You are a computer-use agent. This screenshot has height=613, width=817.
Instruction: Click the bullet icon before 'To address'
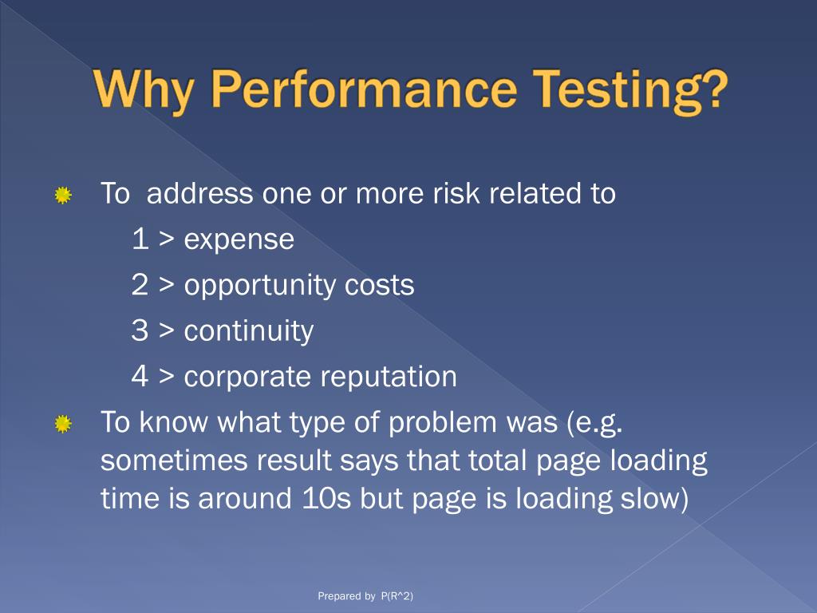click(63, 195)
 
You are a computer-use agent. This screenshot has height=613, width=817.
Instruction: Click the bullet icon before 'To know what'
click(63, 424)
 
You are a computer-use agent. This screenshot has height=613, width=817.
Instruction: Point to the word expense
click(239, 239)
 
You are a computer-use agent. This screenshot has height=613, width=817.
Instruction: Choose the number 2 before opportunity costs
click(140, 285)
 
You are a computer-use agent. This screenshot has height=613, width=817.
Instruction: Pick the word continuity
click(248, 331)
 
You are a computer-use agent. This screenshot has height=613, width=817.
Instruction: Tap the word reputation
click(389, 377)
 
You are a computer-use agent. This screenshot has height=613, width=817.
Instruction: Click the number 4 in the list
click(140, 377)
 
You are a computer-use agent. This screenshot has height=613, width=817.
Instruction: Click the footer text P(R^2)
click(397, 596)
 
